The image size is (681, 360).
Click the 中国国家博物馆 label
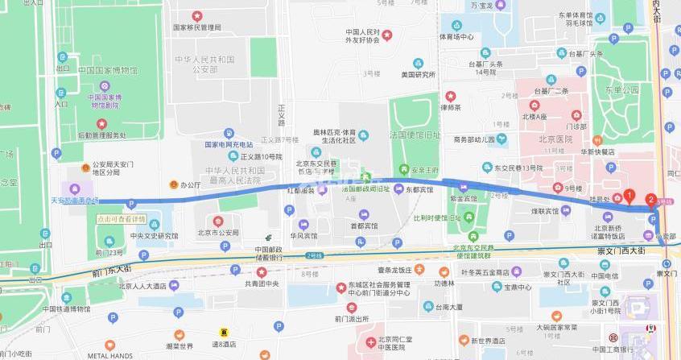click(107, 70)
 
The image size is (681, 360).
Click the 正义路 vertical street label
click(282, 114)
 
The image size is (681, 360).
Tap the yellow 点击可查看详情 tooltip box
click(122, 218)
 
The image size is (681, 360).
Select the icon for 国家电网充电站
click(229, 133)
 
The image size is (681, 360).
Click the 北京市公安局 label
click(219, 233)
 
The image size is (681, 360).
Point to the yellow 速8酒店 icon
click(225, 333)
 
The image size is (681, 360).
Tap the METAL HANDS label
click(110, 355)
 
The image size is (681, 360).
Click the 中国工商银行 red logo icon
click(613, 336)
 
